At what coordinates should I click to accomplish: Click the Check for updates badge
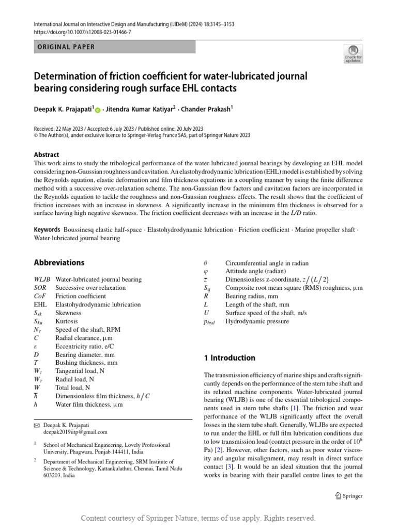point(353,54)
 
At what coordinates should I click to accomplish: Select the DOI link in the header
point(83,32)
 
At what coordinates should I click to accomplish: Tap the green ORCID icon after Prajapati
point(98,110)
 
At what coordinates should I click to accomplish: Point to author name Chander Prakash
point(208,109)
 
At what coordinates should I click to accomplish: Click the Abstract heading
point(47,154)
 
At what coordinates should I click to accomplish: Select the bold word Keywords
point(47,229)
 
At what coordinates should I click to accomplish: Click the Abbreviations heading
point(59,262)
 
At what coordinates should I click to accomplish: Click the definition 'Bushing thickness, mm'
point(86,363)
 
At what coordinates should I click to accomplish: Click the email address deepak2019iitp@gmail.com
point(75,432)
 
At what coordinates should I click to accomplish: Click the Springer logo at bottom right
point(348,496)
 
